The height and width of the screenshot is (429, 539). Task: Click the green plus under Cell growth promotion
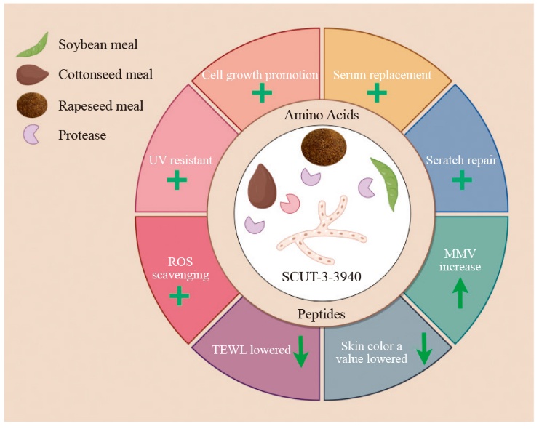tap(261, 93)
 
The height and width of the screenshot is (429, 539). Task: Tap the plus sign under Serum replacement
tap(377, 92)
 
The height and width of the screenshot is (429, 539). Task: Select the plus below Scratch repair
tap(462, 180)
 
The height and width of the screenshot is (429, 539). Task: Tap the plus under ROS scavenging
tap(178, 295)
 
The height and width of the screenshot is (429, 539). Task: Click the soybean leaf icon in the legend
tap(33, 45)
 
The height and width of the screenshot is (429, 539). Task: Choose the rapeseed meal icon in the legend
tap(32, 105)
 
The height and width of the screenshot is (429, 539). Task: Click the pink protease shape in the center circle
tap(290, 203)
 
